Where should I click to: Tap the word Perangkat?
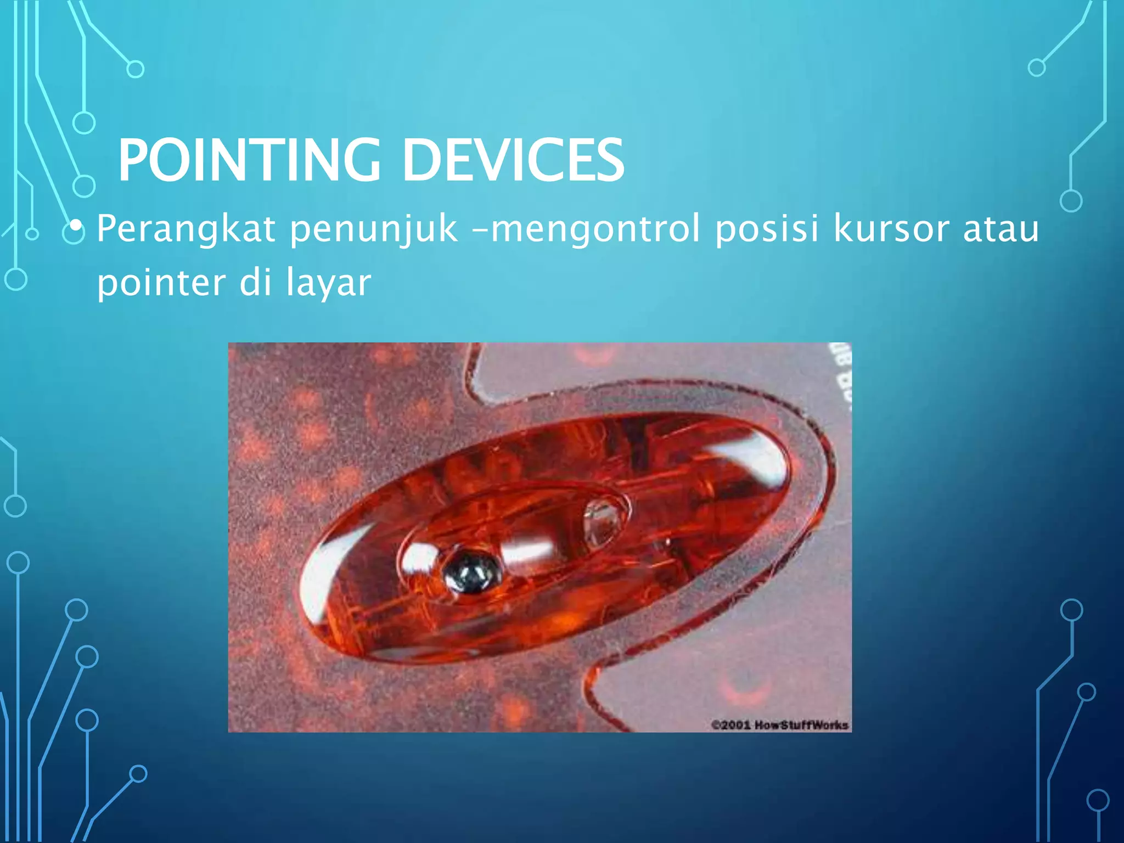[186, 229]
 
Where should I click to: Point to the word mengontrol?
[596, 229]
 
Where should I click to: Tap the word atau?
[1001, 229]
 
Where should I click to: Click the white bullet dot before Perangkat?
[76, 225]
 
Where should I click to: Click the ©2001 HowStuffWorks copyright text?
[779, 725]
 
